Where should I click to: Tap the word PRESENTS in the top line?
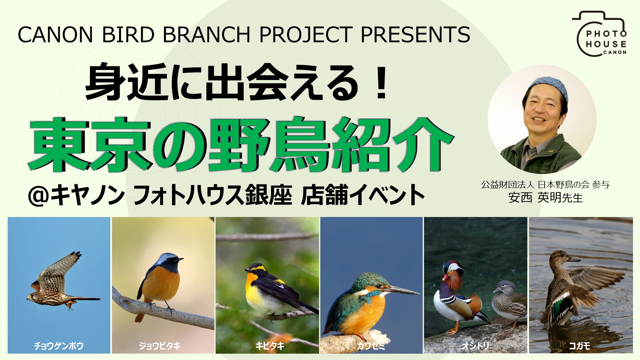click(x=415, y=34)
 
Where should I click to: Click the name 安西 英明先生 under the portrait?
click(x=545, y=198)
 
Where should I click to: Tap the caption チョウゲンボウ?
click(x=59, y=346)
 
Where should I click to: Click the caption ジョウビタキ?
click(x=160, y=346)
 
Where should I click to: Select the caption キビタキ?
click(x=270, y=346)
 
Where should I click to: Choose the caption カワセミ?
click(x=371, y=346)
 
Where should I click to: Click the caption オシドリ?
click(x=475, y=346)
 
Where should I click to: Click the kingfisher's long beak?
click(x=403, y=290)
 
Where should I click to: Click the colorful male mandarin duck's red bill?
click(x=445, y=278)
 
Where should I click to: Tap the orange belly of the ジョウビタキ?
click(x=160, y=283)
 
